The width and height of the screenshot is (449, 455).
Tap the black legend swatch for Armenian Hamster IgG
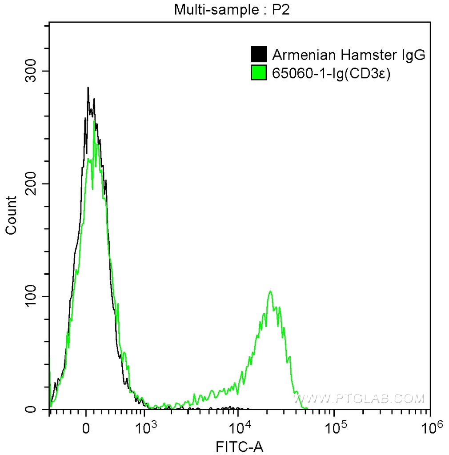(x=258, y=54)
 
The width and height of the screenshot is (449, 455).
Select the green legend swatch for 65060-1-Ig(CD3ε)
(x=258, y=73)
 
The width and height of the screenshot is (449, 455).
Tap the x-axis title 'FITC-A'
(x=240, y=446)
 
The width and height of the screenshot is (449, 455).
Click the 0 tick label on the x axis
(x=87, y=427)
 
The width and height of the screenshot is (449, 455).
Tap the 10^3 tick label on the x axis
(x=146, y=427)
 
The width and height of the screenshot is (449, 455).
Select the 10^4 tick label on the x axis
(x=241, y=427)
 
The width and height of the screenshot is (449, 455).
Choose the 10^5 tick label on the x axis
(x=336, y=427)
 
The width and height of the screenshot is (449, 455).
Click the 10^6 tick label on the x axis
(x=429, y=427)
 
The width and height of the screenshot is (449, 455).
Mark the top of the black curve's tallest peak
(x=88, y=88)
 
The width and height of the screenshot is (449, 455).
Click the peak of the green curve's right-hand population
(x=270, y=291)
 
